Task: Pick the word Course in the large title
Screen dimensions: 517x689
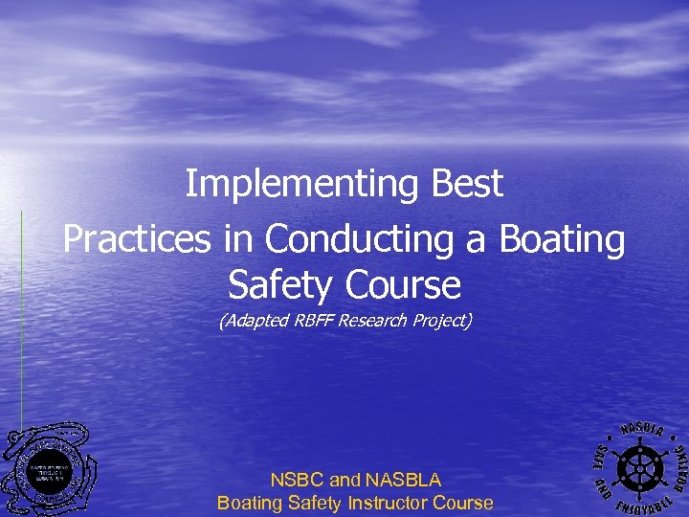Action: point(405,284)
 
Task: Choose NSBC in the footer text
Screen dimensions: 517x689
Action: point(298,480)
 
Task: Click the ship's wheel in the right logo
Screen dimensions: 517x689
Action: point(636,466)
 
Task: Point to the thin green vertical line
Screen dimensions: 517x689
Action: point(21,316)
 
